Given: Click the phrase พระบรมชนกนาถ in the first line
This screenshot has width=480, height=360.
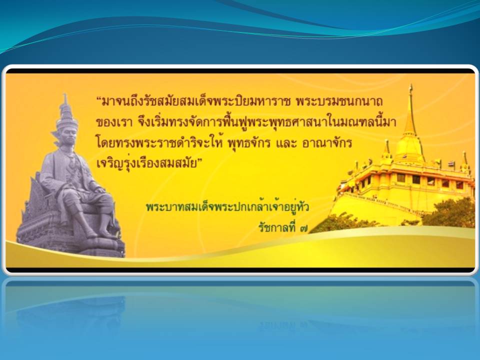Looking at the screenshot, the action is tap(339, 101).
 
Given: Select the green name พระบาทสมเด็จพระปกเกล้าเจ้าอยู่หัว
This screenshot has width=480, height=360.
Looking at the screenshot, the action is tap(227, 207).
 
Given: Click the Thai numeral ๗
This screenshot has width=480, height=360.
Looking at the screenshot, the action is tap(303, 229).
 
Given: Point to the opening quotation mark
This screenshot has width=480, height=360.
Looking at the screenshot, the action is tap(99, 99).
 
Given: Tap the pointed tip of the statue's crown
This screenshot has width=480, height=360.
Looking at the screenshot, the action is tap(64, 94).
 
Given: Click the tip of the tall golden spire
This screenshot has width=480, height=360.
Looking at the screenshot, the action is tap(411, 85).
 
